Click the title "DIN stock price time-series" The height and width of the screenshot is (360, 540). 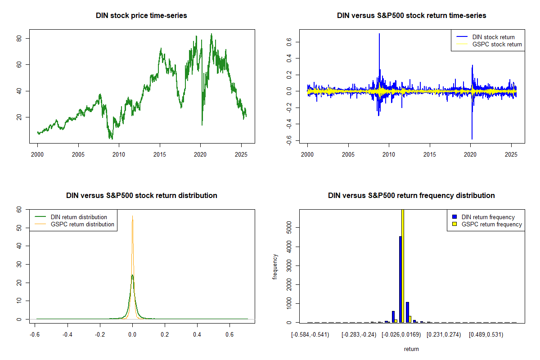pyautogui.click(x=141, y=16)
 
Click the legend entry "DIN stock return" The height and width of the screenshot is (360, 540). pyautogui.click(x=493, y=37)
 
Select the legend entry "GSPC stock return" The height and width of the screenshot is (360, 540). pyautogui.click(x=497, y=44)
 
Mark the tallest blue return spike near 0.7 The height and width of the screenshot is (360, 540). pyautogui.click(x=379, y=34)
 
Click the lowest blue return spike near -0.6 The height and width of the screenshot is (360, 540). pyautogui.click(x=472, y=138)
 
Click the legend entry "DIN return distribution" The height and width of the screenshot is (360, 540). pyautogui.click(x=79, y=217)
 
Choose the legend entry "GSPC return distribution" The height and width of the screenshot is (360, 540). pyautogui.click(x=82, y=224)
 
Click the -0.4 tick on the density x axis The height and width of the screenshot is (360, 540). pyautogui.click(x=67, y=335)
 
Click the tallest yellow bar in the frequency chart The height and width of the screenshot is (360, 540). pyautogui.click(x=403, y=265)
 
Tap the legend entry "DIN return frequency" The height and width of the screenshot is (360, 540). pyautogui.click(x=488, y=217)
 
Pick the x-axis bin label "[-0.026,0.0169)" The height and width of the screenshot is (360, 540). pyautogui.click(x=401, y=335)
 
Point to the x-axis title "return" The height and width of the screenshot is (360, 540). pyautogui.click(x=411, y=349)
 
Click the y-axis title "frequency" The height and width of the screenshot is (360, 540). pyautogui.click(x=275, y=266)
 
